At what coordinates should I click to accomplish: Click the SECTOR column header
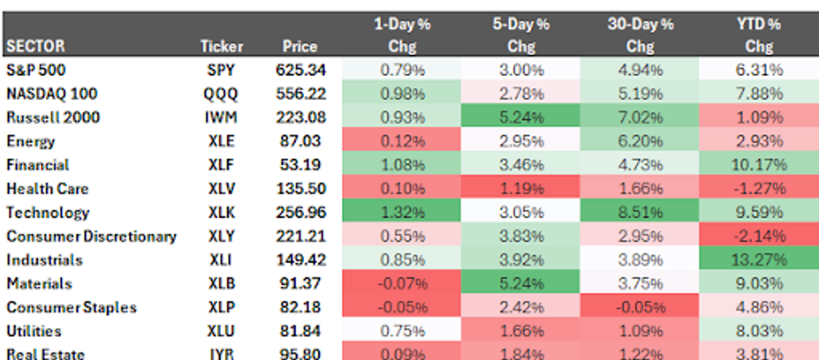point(36,46)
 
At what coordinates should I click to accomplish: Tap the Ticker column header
point(221,46)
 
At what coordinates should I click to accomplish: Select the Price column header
point(300,46)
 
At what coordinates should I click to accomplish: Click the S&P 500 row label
point(36,70)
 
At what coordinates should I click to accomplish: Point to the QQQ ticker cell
point(221,94)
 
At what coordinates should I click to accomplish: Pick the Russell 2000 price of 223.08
point(300,117)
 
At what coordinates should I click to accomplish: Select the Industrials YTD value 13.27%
point(758,260)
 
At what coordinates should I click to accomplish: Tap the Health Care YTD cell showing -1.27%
point(758,189)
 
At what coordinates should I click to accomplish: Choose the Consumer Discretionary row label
point(91,236)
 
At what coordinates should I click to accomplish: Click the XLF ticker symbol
point(221,165)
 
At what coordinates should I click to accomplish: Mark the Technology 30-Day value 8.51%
point(639,212)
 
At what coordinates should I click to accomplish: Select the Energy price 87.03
point(300,141)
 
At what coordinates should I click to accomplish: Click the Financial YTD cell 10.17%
point(758,165)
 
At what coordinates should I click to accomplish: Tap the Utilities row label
point(33,331)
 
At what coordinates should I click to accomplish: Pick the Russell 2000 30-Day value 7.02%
point(639,117)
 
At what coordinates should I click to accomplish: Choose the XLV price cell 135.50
point(300,189)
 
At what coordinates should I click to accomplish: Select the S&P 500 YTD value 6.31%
point(758,70)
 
